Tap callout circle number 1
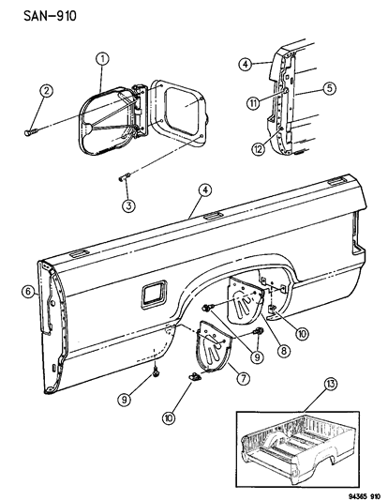click(x=101, y=60)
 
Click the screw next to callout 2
click(x=26, y=133)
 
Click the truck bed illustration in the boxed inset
click(x=300, y=450)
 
